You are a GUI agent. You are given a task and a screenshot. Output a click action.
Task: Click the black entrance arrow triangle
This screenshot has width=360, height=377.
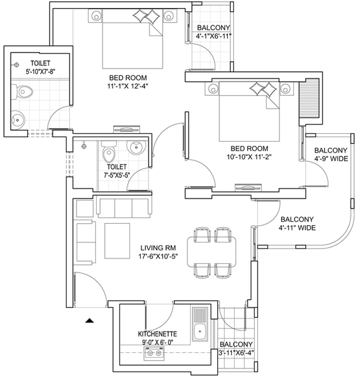(x=89, y=320)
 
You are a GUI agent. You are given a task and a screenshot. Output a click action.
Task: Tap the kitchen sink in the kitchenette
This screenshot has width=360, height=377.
(x=200, y=324)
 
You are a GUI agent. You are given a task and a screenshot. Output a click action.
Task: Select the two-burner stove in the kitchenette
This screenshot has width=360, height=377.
(x=154, y=353)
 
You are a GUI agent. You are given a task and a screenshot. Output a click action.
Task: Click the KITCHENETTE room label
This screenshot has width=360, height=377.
(x=157, y=334)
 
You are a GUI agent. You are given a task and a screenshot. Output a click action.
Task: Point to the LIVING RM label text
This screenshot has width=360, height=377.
(x=158, y=248)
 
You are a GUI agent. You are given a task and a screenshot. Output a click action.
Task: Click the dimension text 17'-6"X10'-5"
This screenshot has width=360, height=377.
(x=158, y=256)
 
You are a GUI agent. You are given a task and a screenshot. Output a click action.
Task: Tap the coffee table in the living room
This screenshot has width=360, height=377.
(x=117, y=241)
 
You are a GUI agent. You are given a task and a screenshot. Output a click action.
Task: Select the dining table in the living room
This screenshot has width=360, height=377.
(x=211, y=252)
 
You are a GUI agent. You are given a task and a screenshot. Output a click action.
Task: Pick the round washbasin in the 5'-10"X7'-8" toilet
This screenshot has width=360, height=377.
(x=18, y=119)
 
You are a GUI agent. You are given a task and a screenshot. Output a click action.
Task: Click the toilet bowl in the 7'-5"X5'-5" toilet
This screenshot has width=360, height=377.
(x=109, y=152)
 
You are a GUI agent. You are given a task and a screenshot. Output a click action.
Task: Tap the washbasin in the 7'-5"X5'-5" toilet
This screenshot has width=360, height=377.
(x=136, y=147)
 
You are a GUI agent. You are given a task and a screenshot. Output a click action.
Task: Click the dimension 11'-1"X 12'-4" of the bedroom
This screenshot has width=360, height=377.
(x=127, y=86)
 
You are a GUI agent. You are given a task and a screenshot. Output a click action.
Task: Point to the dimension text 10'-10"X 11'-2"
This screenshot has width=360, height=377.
(x=249, y=157)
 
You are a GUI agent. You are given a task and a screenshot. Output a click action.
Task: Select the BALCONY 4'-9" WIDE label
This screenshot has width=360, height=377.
(x=331, y=155)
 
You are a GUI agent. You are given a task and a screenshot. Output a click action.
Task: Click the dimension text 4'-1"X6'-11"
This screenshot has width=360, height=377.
(x=213, y=36)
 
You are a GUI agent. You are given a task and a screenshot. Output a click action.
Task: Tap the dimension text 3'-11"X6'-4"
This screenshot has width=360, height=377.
(x=236, y=353)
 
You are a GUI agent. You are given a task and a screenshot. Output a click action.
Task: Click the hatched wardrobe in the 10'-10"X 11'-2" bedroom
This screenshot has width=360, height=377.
(x=309, y=98)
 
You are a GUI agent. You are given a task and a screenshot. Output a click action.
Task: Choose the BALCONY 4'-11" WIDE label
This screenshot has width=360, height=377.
(x=297, y=223)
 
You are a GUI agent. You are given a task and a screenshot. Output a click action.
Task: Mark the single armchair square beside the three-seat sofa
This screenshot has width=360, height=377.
(x=85, y=208)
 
